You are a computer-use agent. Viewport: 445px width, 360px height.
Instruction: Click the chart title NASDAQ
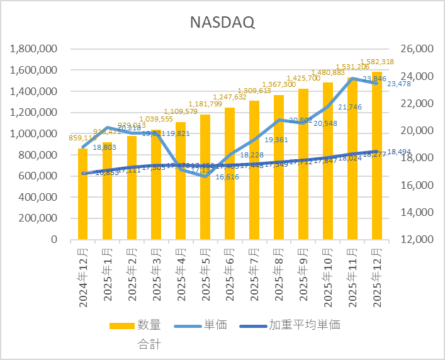pyautogui.click(x=222, y=23)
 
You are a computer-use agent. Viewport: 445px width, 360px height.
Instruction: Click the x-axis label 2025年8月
pyautogui.click(x=279, y=278)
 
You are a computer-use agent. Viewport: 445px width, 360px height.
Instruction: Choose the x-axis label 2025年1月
pyautogui.click(x=107, y=278)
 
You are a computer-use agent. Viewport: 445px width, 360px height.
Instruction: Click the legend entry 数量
pyautogui.click(x=149, y=325)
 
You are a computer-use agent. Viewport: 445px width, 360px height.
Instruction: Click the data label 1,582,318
pyautogui.click(x=377, y=62)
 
